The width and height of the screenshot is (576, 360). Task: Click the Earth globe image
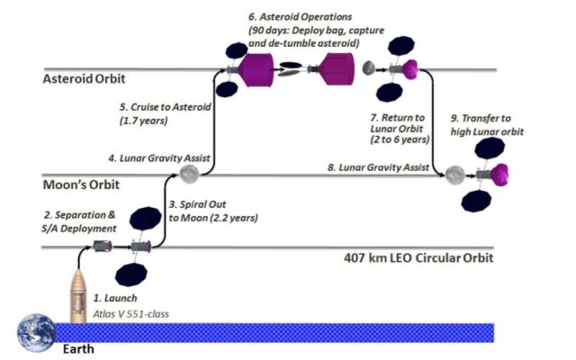tap(36, 333)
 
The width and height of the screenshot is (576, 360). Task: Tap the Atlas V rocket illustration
tap(78, 296)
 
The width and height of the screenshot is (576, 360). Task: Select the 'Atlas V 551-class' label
tap(130, 314)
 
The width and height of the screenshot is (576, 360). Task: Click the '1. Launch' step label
tap(115, 298)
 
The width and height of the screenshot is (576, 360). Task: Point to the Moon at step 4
tap(189, 174)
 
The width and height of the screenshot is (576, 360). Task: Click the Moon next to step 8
tap(455, 175)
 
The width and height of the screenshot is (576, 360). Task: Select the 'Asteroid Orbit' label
tap(84, 78)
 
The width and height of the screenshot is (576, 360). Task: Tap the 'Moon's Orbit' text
tap(81, 184)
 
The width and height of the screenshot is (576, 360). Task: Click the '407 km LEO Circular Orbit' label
tap(418, 258)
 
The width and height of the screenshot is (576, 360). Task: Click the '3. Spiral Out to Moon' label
tap(213, 211)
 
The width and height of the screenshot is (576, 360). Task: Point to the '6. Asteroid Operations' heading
tap(300, 17)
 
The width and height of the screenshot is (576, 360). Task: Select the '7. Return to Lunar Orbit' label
tap(400, 129)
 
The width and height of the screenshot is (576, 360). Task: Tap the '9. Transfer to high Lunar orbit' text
tap(487, 125)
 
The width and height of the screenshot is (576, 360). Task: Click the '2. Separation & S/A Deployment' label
tap(79, 221)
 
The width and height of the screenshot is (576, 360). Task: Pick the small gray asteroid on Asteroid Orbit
tap(368, 68)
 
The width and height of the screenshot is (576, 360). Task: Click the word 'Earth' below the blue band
tap(78, 348)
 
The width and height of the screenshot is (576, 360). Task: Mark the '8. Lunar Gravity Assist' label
tap(378, 167)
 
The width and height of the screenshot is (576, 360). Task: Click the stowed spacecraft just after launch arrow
tap(102, 246)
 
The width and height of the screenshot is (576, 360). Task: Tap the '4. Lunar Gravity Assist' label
tap(159, 158)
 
